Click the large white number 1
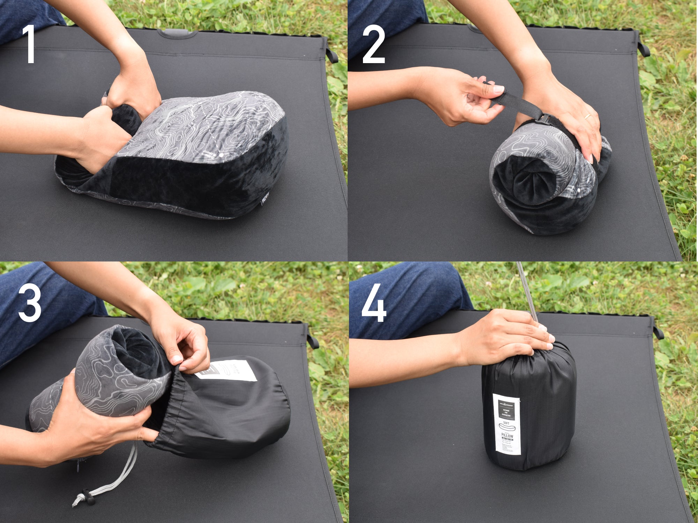click(x=30, y=44)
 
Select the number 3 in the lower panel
click(x=30, y=303)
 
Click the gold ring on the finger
click(x=588, y=116)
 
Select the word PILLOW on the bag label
click(x=507, y=436)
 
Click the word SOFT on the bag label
click(x=506, y=423)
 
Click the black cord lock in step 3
click(x=88, y=497)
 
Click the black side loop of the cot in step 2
click(x=643, y=48)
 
